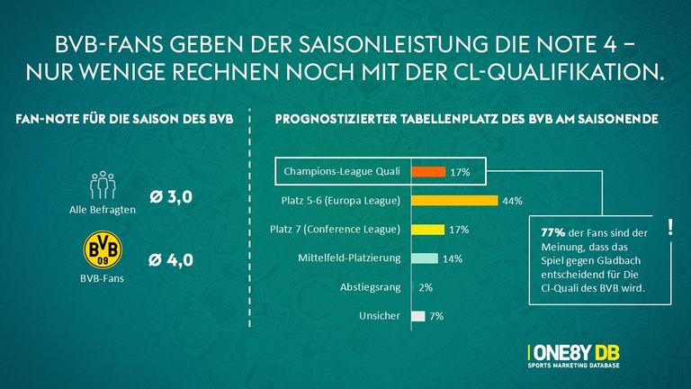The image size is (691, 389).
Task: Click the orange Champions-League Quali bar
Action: pos(428,171)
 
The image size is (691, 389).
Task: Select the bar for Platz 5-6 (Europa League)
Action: pos(454,200)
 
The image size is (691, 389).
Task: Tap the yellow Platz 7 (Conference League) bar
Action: pos(428,230)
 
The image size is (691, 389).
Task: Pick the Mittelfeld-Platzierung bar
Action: pos(425,258)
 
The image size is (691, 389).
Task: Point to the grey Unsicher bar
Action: pos(418,316)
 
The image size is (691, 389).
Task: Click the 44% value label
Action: pos(513,201)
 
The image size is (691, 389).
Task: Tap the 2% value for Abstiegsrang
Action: pos(426,287)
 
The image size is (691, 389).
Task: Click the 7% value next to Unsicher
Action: pos(436,316)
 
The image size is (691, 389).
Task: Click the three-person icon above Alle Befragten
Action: pos(103,183)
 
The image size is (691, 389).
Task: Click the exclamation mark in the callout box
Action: pos(669,229)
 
